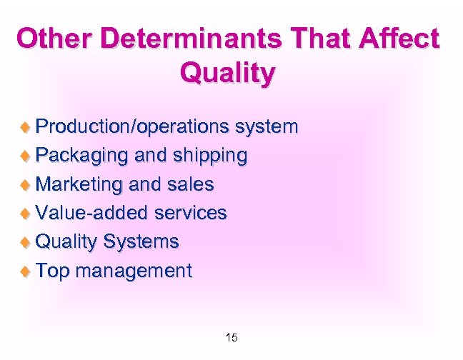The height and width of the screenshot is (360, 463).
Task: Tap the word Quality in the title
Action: pyautogui.click(x=227, y=72)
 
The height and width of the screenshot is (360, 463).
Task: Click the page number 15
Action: pyautogui.click(x=231, y=337)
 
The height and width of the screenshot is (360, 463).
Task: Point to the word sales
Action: pyautogui.click(x=191, y=184)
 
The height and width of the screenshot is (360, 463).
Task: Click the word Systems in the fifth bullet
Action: pyautogui.click(x=141, y=242)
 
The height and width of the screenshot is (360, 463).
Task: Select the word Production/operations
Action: pyautogui.click(x=131, y=128)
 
